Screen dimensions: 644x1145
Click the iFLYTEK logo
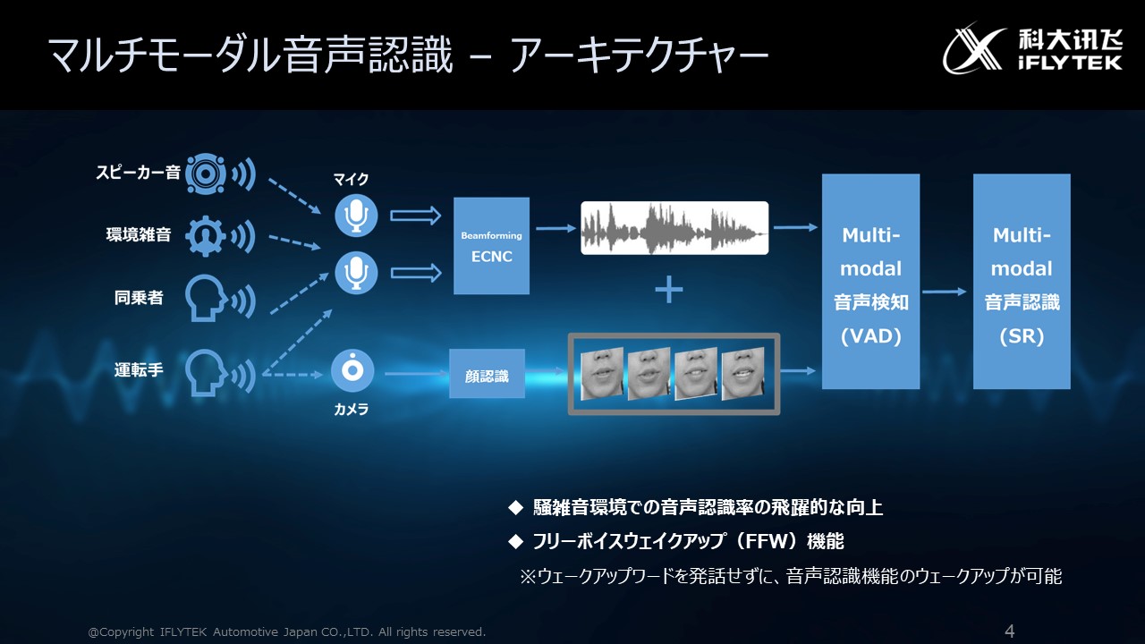point(1020,47)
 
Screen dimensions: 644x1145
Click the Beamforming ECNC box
point(491,246)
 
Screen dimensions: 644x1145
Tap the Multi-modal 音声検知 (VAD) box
point(870,282)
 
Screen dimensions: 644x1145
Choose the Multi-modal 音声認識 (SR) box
point(1022,282)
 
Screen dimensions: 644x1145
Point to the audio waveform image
point(674,228)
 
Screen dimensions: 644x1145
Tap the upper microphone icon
point(356,216)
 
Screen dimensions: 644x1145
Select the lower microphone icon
point(356,272)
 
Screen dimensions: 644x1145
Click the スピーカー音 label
point(138,173)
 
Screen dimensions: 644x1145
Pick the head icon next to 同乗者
point(205,298)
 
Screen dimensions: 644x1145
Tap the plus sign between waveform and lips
point(669,290)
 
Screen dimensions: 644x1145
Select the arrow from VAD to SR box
point(946,292)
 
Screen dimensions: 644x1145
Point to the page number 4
point(1010,631)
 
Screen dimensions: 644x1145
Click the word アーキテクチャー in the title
point(640,56)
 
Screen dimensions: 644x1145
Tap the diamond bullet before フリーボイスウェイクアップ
point(514,541)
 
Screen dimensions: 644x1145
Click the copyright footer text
point(287,632)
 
